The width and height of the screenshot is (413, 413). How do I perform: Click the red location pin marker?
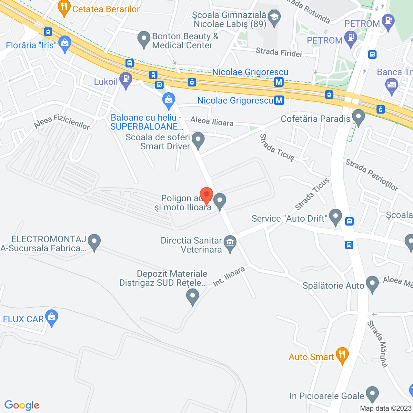206,195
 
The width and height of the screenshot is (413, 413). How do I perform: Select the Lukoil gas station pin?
126,79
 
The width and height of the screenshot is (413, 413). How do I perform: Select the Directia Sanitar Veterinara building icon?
230,243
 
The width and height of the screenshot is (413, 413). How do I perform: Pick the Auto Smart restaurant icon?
342,355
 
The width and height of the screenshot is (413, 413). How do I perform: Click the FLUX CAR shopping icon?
52,317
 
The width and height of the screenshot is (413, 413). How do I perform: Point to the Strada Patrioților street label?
372,175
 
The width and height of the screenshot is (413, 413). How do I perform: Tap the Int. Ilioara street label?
229,277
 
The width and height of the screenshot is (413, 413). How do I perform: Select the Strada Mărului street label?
378,344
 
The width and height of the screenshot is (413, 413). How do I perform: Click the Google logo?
22,405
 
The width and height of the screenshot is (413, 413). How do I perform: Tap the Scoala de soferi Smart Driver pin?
198,140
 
